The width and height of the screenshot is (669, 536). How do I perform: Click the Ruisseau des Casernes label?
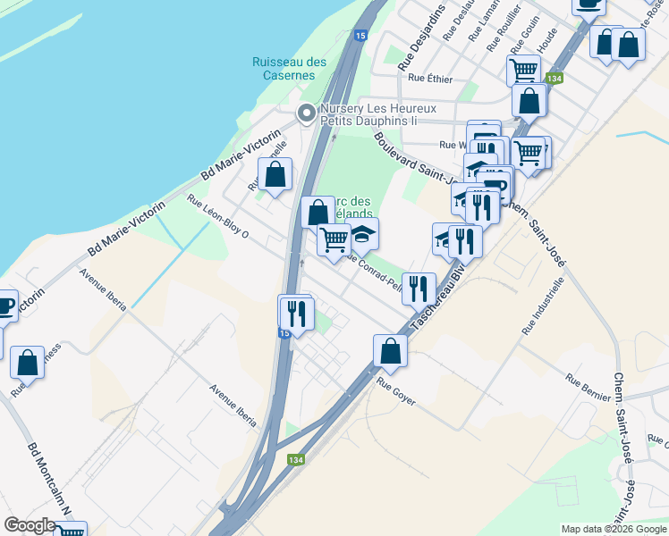[x=289, y=69]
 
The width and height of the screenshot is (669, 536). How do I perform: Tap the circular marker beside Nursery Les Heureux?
[x=306, y=113]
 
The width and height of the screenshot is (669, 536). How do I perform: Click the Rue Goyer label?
[x=396, y=392]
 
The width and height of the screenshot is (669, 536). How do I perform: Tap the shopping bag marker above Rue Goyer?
[x=390, y=349]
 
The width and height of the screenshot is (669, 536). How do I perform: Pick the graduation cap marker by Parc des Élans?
[x=362, y=234]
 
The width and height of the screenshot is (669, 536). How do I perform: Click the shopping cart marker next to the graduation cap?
[x=334, y=239]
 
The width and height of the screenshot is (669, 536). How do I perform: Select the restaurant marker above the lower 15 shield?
[x=295, y=312]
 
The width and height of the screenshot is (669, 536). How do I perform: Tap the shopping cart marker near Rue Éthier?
[x=523, y=69]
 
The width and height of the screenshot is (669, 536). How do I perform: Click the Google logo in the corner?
[x=30, y=525]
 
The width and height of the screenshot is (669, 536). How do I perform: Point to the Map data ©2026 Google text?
[x=614, y=529]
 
